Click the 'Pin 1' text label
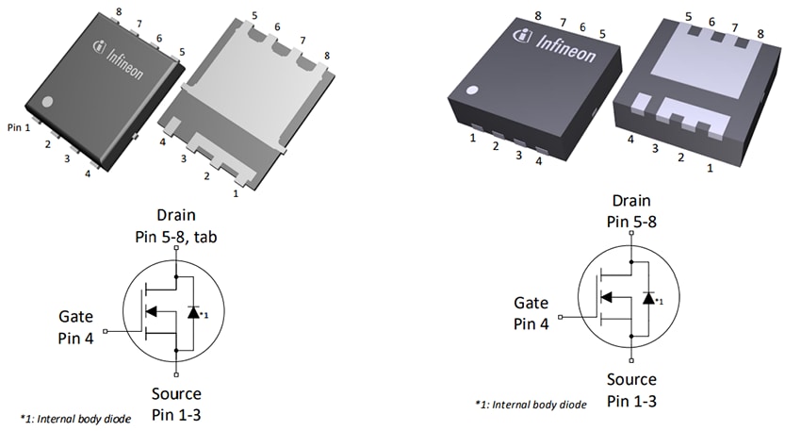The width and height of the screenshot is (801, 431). pyautogui.click(x=19, y=126)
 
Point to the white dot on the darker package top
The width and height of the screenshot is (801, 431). pyautogui.click(x=473, y=91)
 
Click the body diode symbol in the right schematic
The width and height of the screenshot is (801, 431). pyautogui.click(x=647, y=297)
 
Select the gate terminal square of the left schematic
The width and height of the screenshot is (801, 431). pyautogui.click(x=105, y=331)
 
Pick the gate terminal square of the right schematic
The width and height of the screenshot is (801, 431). pyautogui.click(x=560, y=317)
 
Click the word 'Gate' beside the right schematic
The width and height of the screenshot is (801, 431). pyautogui.click(x=531, y=304)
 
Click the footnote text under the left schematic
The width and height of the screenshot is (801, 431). pyautogui.click(x=75, y=418)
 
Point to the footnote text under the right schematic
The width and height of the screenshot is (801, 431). pyautogui.click(x=531, y=404)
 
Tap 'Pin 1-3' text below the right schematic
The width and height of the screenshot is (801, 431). pyautogui.click(x=631, y=401)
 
